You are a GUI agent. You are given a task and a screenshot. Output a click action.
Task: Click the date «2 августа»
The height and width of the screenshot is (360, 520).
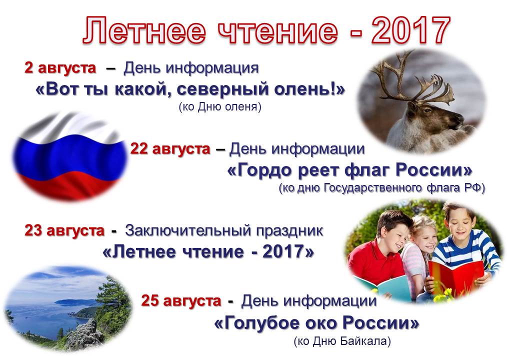60,68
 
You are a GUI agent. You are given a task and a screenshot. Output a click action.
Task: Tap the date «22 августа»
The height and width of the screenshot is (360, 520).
170,149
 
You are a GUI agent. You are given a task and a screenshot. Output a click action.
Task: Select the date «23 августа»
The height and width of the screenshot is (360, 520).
64,230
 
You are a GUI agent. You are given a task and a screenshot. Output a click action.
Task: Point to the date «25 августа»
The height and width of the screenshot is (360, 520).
181,301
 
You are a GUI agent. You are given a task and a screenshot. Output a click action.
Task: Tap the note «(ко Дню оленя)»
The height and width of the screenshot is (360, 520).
220,106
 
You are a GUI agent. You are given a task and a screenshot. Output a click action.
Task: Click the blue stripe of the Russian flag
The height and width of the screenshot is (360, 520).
69,156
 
